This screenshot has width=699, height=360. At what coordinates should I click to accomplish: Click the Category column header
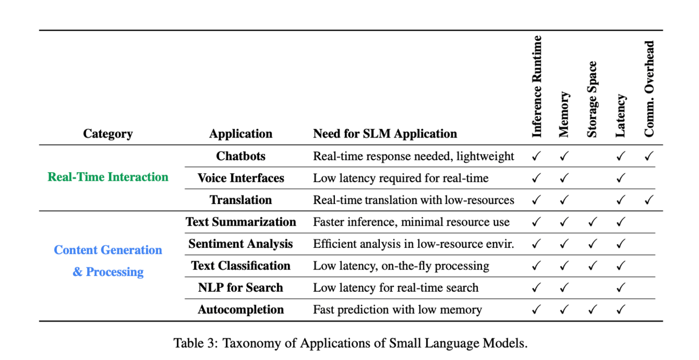(108, 134)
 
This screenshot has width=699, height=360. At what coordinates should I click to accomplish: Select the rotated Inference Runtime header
(537, 87)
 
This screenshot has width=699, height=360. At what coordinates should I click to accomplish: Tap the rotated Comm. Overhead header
(649, 89)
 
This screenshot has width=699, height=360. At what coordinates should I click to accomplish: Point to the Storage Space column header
(592, 100)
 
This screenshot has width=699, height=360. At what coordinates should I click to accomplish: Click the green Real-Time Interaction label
(108, 177)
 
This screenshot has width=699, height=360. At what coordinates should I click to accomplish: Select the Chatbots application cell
(241, 156)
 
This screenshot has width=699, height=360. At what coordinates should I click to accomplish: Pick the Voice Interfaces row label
(241, 178)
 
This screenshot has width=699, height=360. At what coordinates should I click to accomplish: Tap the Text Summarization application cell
(241, 222)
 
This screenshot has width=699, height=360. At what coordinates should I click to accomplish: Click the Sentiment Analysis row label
(241, 244)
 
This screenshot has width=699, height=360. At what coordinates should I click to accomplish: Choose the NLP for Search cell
(241, 288)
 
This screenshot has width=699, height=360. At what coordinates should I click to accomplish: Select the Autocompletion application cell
(241, 310)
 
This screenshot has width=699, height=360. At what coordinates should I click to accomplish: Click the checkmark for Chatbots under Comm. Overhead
(649, 156)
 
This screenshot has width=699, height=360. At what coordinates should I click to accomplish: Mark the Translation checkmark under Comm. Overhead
(649, 200)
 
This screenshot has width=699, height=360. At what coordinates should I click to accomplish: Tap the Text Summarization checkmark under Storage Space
(592, 222)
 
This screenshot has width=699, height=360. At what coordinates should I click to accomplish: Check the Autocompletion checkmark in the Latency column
(621, 310)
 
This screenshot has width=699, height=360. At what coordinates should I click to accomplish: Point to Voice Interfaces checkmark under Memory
(564, 178)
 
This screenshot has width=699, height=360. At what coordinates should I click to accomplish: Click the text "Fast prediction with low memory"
(397, 310)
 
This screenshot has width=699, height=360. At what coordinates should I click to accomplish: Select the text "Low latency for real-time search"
(395, 288)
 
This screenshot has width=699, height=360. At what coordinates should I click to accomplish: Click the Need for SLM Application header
(385, 134)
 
